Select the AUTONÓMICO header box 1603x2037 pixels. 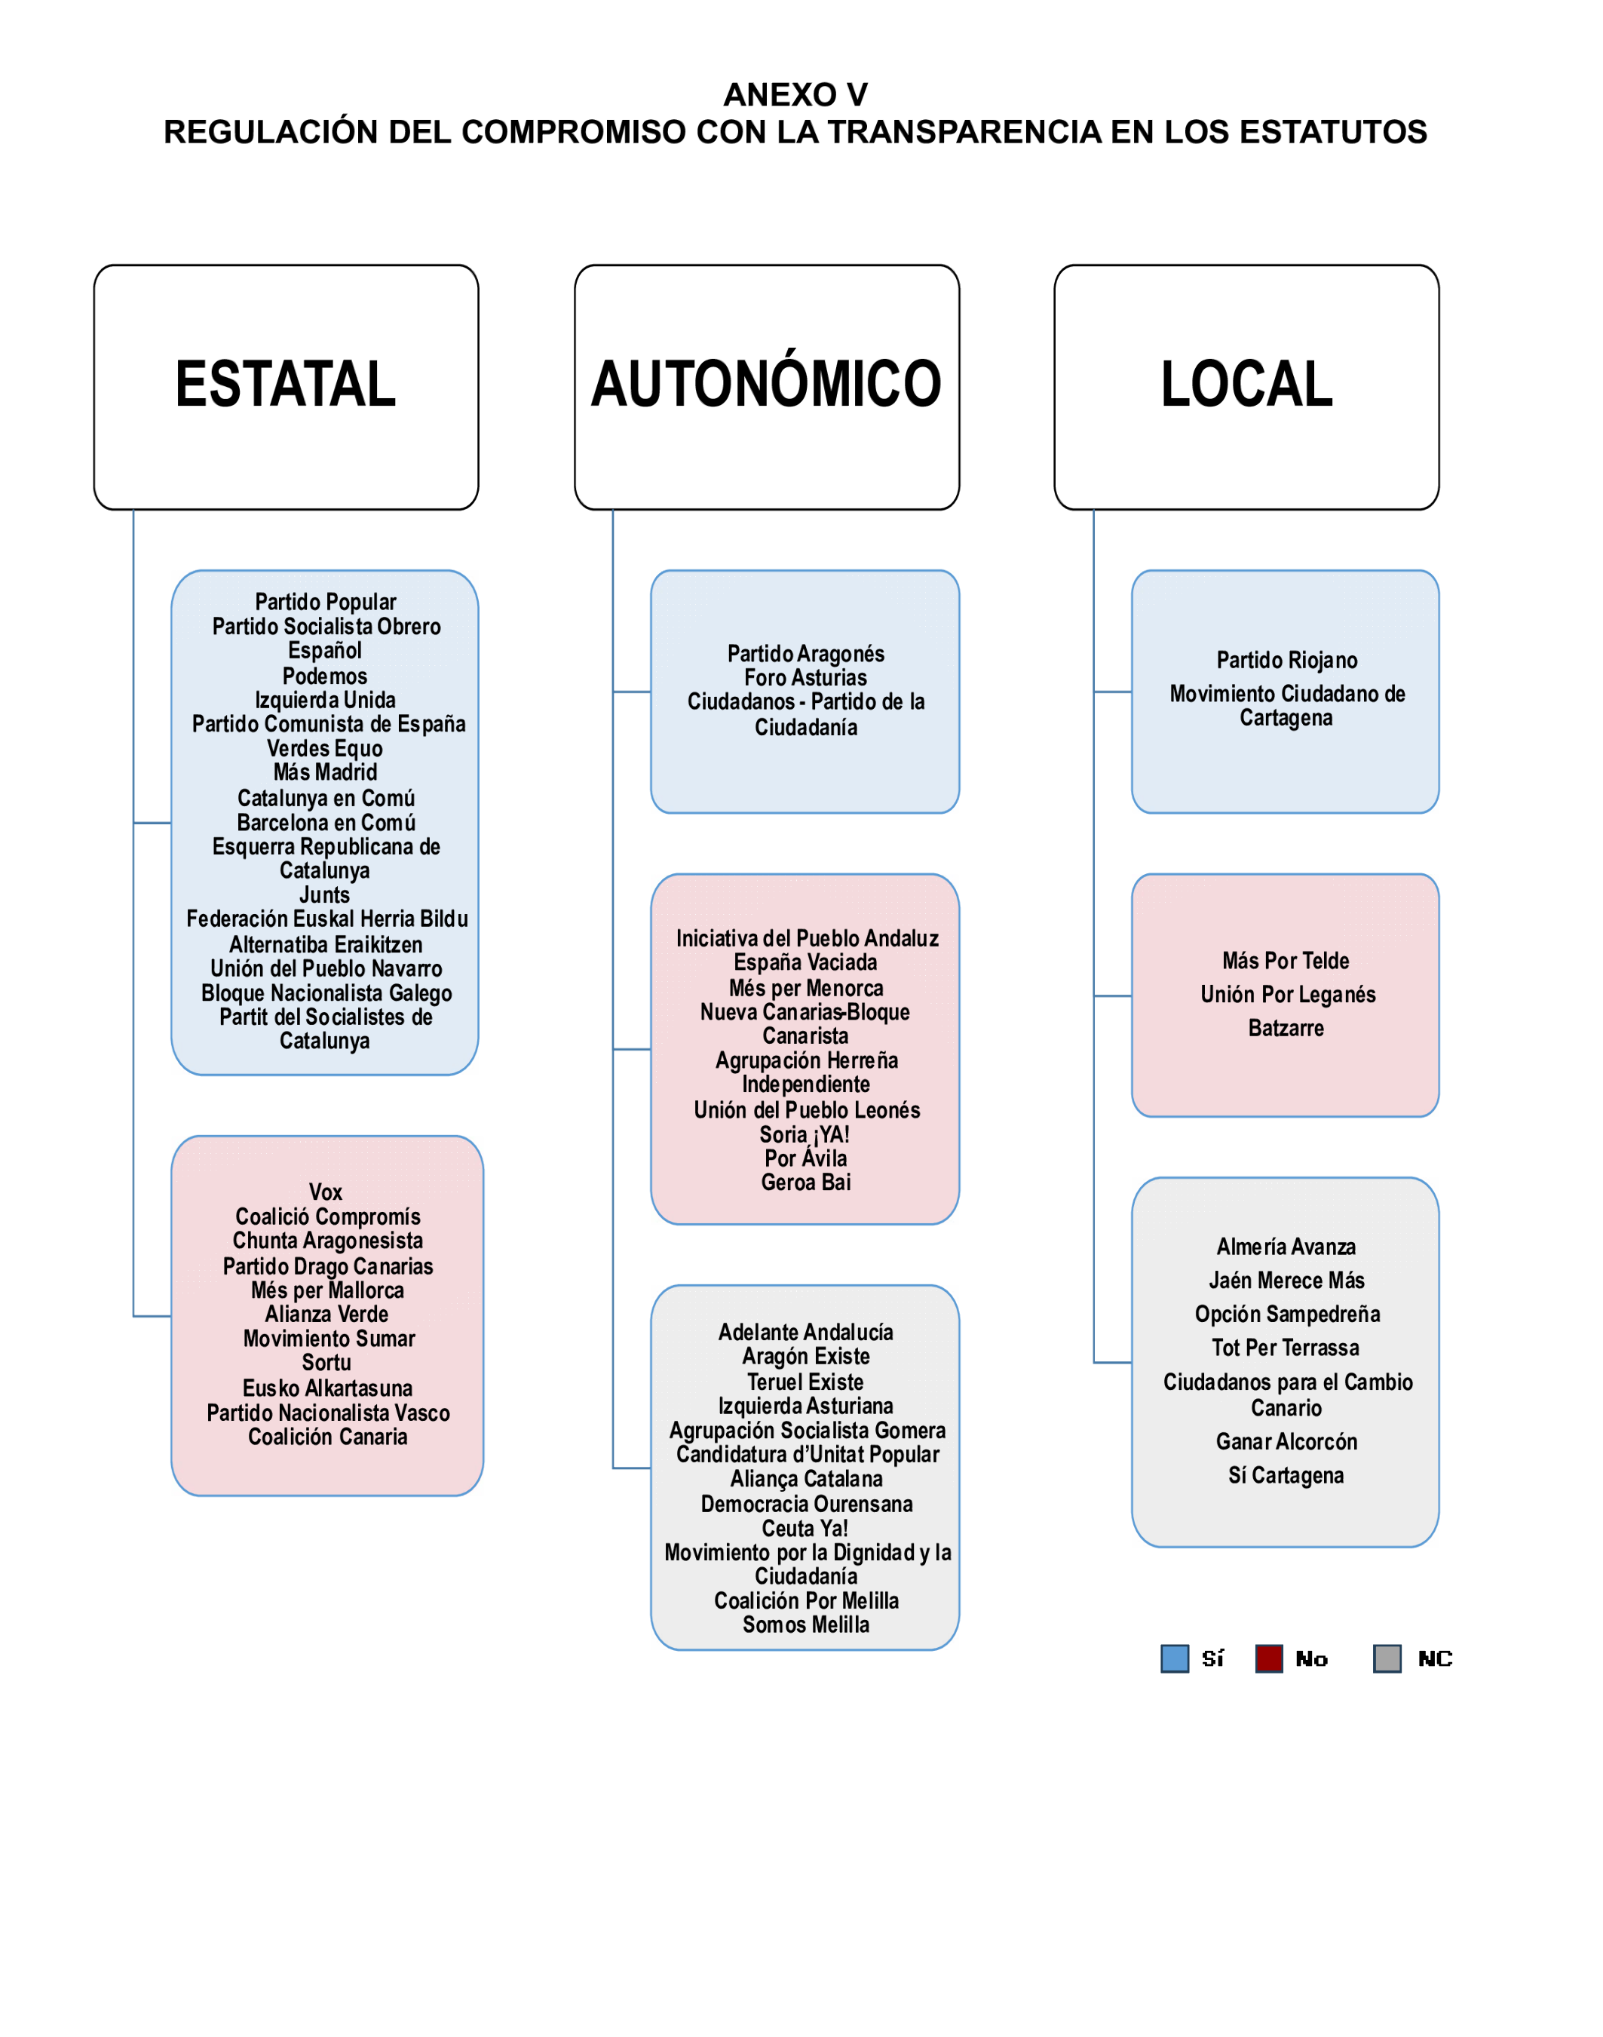point(766,387)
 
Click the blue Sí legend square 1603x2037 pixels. point(1174,1658)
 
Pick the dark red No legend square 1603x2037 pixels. point(1269,1658)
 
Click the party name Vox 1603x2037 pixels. point(326,1192)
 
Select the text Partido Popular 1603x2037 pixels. point(326,602)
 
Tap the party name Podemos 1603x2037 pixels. point(325,676)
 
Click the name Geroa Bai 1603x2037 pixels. point(805,1182)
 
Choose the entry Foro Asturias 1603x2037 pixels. point(805,678)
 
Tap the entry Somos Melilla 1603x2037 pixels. point(805,1625)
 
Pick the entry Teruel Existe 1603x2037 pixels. point(805,1382)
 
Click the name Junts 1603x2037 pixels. point(325,894)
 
